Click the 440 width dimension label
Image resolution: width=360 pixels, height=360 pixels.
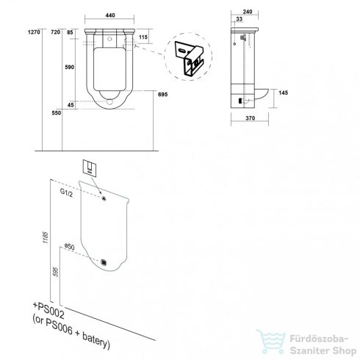pos(110,15)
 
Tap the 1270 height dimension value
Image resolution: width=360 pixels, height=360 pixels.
pos(34,32)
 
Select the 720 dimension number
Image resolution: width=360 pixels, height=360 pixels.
pos(55,32)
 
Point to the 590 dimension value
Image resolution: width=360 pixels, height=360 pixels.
pos(69,67)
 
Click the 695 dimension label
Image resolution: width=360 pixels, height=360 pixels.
pos(162,95)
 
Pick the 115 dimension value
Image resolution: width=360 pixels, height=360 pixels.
pos(143,37)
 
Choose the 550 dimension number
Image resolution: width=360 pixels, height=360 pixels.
pos(57,113)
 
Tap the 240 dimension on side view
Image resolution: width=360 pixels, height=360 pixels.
pos(248,12)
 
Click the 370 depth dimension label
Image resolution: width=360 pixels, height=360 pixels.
pos(250,118)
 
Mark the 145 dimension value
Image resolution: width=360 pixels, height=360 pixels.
pos(283,93)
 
